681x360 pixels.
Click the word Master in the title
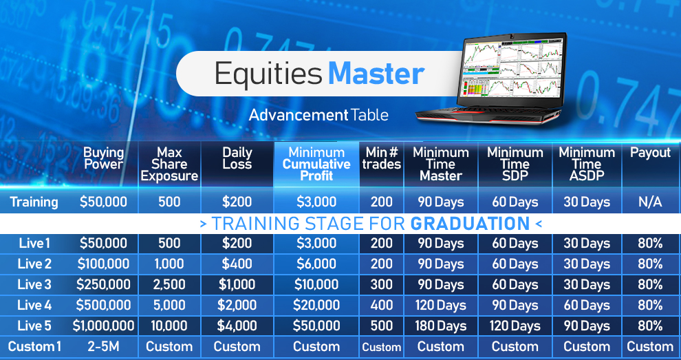pyautogui.click(x=376, y=73)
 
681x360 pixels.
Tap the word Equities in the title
pyautogui.click(x=268, y=74)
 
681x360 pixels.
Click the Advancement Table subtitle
pyautogui.click(x=318, y=115)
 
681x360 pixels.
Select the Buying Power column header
pyautogui.click(x=103, y=158)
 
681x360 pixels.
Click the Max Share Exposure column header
pyautogui.click(x=169, y=165)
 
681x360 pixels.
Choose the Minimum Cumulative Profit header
pyautogui.click(x=316, y=165)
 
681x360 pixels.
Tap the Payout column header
pyautogui.click(x=651, y=153)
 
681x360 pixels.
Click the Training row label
pyautogui.click(x=34, y=202)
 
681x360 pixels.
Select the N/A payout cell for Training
pyautogui.click(x=650, y=202)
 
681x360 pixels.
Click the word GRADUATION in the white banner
pyautogui.click(x=470, y=224)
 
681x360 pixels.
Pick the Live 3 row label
pyautogui.click(x=34, y=284)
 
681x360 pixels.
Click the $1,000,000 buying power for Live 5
pyautogui.click(x=103, y=326)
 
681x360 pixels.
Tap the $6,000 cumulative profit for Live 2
pyautogui.click(x=316, y=264)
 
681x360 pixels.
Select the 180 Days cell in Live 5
pyautogui.click(x=441, y=326)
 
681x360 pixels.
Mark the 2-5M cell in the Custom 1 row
pyautogui.click(x=103, y=346)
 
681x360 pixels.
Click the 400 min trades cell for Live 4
pyautogui.click(x=382, y=305)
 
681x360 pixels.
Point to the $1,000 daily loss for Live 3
pyautogui.click(x=237, y=285)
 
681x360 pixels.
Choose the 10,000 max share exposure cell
pyautogui.click(x=169, y=326)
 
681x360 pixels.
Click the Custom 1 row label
pyautogui.click(x=34, y=346)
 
